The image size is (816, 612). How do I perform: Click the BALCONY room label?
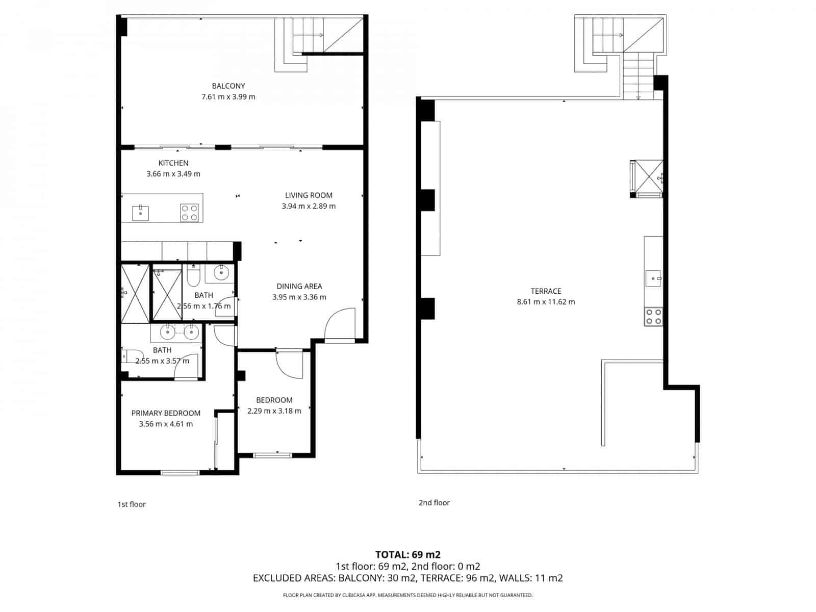click(x=228, y=86)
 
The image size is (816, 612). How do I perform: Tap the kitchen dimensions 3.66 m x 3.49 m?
click(x=173, y=174)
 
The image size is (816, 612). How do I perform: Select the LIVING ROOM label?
click(x=309, y=195)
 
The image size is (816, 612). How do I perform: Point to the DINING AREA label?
click(x=299, y=287)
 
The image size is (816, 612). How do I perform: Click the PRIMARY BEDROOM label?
click(x=166, y=413)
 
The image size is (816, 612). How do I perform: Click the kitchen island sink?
click(x=141, y=213)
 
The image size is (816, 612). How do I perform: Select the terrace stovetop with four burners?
click(x=653, y=317)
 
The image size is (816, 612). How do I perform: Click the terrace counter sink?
click(x=653, y=279)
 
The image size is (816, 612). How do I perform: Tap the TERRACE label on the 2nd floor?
click(x=546, y=291)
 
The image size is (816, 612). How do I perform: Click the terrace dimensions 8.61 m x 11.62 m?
click(x=546, y=302)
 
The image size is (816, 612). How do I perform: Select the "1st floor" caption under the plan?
click(x=132, y=504)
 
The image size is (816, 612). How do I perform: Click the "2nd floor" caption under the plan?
click(x=434, y=503)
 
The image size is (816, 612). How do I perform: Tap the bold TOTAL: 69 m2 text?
click(x=408, y=555)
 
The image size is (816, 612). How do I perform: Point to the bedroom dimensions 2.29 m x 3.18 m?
click(x=274, y=411)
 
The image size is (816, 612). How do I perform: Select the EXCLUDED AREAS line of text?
click(x=408, y=578)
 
